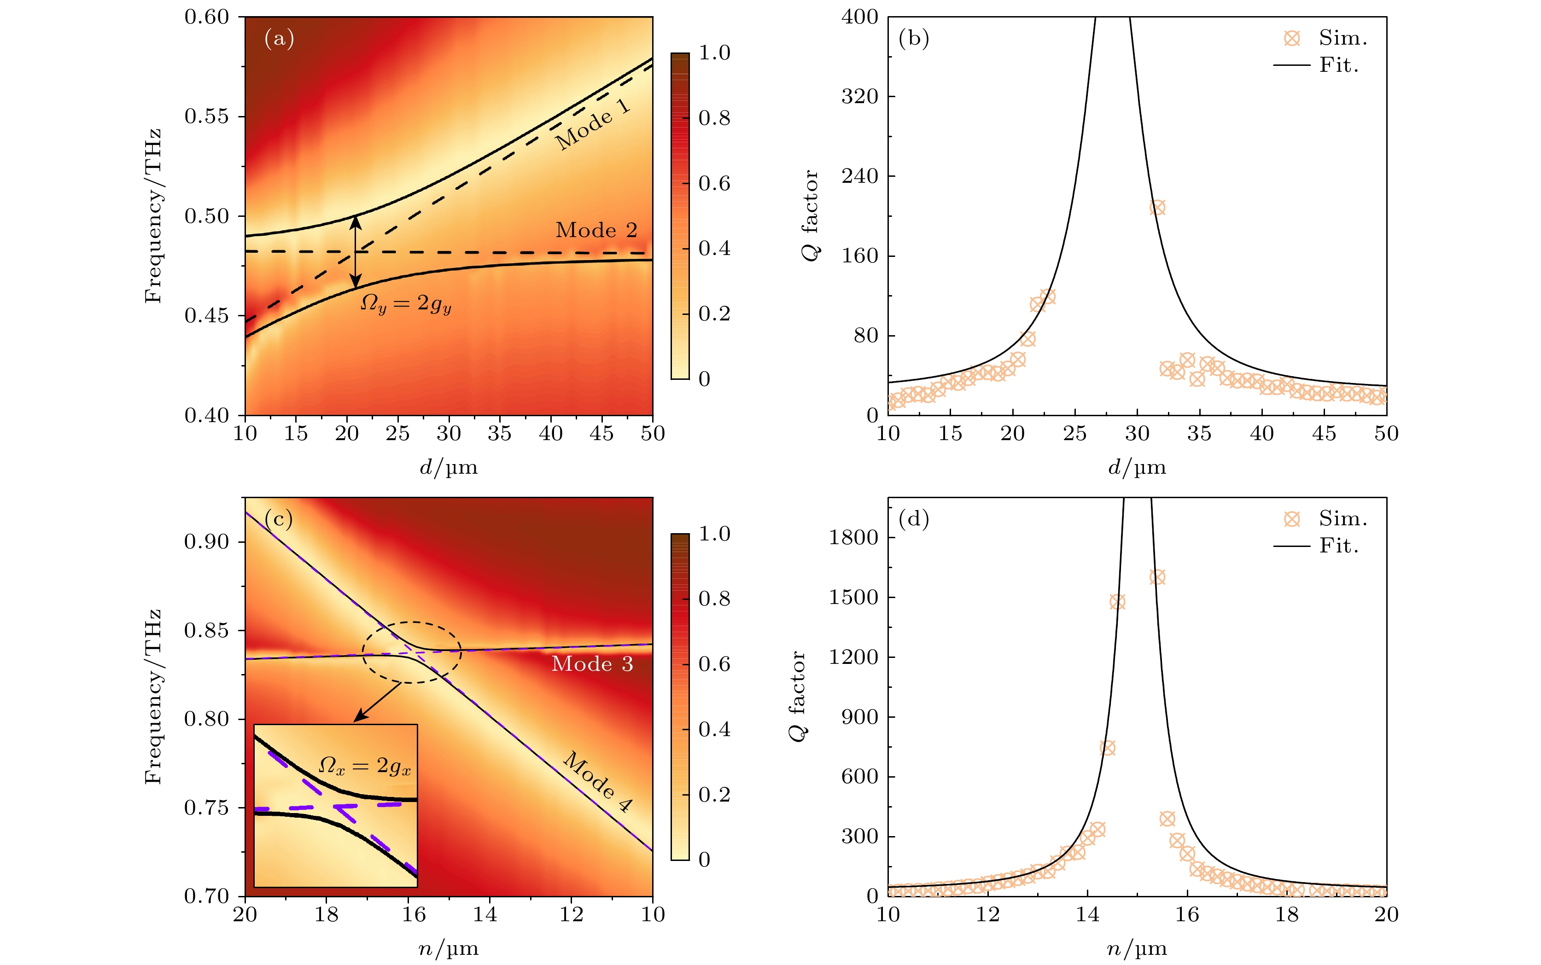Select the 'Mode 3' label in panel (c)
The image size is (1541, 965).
pyautogui.click(x=592, y=664)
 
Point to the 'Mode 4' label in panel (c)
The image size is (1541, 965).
pyautogui.click(x=597, y=782)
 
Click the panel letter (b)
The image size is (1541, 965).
pyautogui.click(x=913, y=39)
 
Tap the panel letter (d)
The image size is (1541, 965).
pyautogui.click(x=913, y=519)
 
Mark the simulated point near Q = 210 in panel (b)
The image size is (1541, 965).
pyautogui.click(x=1157, y=208)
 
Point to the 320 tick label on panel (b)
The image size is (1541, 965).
pyautogui.click(x=859, y=96)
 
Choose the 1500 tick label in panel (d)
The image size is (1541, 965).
pyautogui.click(x=853, y=598)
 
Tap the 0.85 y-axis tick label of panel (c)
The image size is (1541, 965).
pyautogui.click(x=206, y=631)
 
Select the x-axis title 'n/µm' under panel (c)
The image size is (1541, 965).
pyautogui.click(x=448, y=949)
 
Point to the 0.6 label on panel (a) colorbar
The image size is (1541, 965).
pyautogui.click(x=714, y=184)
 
